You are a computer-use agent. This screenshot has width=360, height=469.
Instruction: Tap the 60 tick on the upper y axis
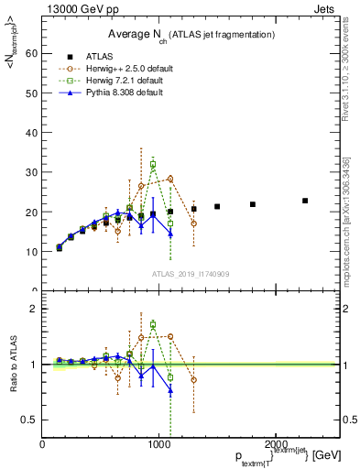33,53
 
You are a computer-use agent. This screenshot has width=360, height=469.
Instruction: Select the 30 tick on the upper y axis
33,172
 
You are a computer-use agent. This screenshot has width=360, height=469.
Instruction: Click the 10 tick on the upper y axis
33,251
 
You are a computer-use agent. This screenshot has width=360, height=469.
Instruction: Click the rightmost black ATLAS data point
305,201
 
